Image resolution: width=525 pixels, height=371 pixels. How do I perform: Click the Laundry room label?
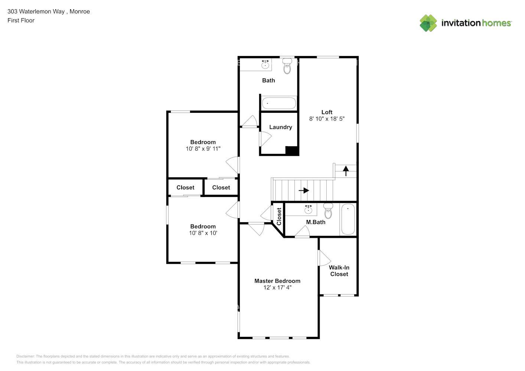280,127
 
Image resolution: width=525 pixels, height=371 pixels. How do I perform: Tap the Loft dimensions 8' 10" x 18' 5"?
327,119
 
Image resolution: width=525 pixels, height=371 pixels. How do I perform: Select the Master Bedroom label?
277,281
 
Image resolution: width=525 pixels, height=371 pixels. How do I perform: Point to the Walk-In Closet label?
339,271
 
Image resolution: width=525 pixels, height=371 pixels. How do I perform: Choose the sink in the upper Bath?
265,65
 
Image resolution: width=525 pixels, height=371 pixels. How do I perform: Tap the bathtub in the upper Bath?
279,103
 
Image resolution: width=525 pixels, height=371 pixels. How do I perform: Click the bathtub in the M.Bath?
348,219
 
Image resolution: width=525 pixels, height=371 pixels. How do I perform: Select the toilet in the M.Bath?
328,212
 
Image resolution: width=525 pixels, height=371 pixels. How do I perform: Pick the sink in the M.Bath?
308,210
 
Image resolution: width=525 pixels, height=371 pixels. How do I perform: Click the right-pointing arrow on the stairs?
304,190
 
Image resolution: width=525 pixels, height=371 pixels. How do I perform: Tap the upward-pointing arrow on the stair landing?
346,171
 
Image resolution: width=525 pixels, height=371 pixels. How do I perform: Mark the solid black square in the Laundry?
292,151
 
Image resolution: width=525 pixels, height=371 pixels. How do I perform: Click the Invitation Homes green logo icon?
428,23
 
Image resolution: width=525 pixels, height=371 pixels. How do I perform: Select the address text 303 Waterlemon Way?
36,12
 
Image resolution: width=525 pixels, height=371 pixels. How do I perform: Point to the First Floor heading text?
21,20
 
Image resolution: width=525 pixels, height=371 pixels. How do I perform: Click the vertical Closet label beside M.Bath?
279,216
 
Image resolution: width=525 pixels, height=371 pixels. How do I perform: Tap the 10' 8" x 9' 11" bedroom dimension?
203,149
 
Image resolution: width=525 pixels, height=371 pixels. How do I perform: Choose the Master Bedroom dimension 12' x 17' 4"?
277,288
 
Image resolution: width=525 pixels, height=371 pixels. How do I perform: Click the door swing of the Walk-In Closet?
324,257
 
